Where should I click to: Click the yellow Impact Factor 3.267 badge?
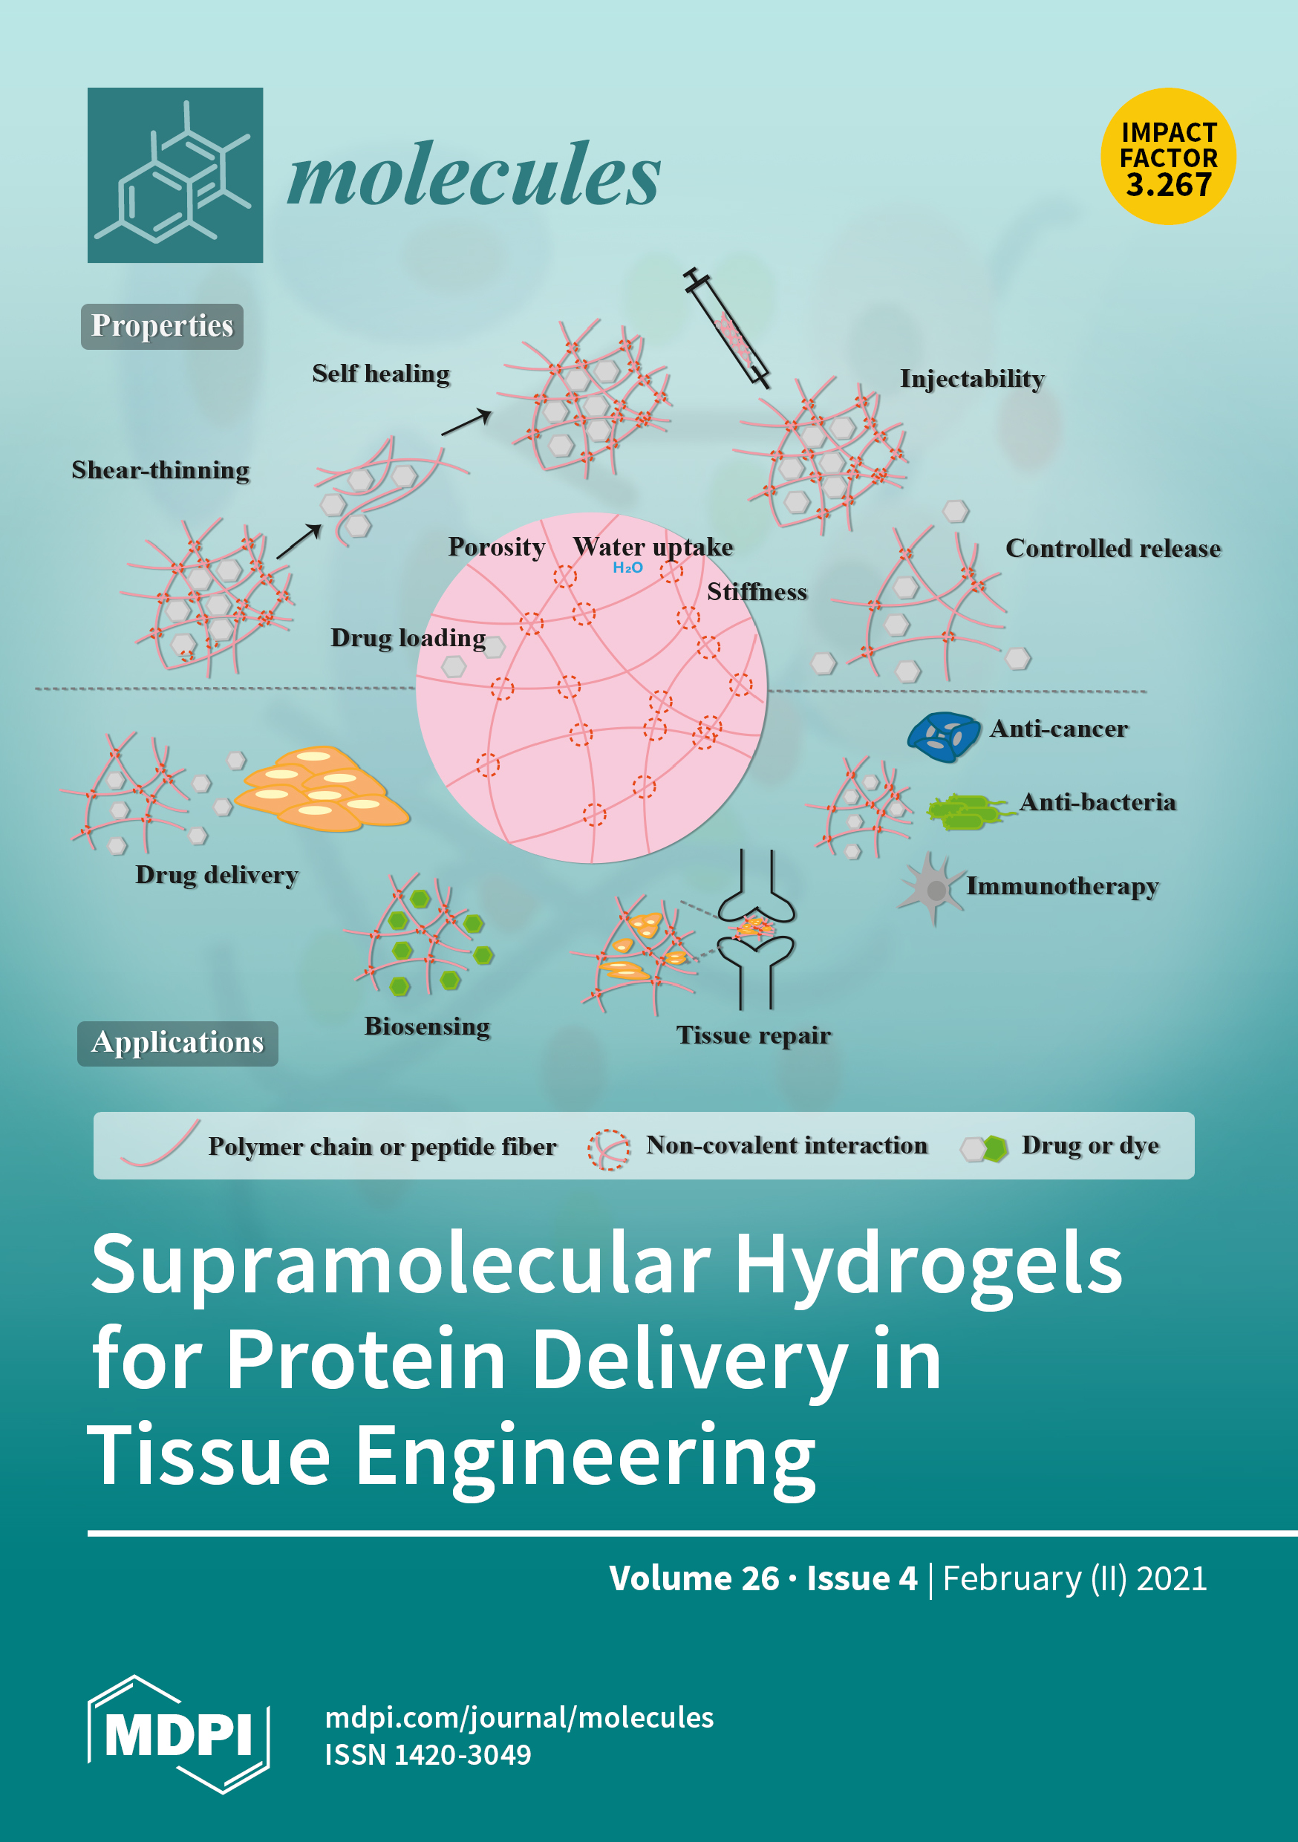(1167, 157)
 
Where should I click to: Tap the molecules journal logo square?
(175, 175)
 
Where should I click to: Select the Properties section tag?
(162, 326)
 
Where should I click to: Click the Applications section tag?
(177, 1043)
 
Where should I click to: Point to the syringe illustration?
(727, 329)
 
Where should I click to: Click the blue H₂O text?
(627, 568)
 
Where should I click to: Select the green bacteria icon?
(965, 811)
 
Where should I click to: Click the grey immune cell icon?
(931, 888)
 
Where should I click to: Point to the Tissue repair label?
(753, 1035)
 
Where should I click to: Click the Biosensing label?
(427, 1026)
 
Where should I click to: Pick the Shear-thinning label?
(160, 470)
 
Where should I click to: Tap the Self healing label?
(381, 374)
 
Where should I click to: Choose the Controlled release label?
(1112, 549)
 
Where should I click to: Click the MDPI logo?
(178, 1734)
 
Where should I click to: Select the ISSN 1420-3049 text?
(428, 1754)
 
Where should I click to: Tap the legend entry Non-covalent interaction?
(786, 1145)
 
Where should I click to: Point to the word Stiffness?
(757, 592)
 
